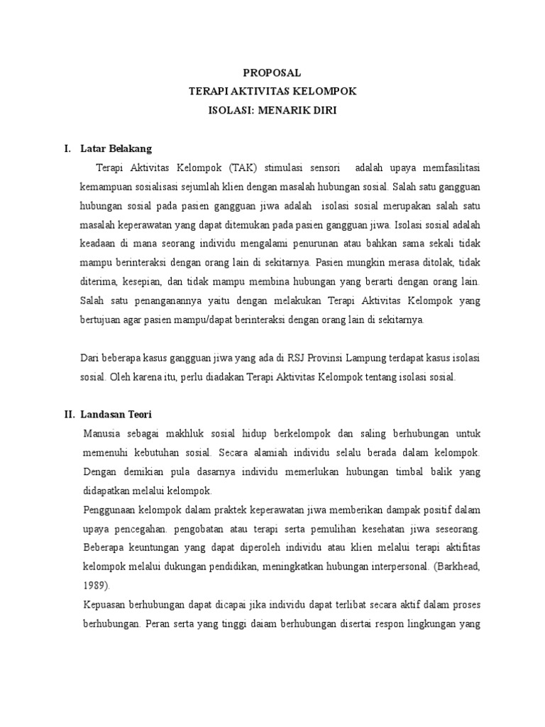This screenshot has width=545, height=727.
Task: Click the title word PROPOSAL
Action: pos(272,72)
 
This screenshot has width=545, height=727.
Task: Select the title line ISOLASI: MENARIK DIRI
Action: pos(272,111)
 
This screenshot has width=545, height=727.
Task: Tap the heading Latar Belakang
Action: pos(116,149)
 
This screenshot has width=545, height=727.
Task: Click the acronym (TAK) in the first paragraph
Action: pos(243,168)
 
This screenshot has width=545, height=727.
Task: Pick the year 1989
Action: pos(95,586)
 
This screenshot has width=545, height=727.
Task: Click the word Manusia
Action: pos(101,433)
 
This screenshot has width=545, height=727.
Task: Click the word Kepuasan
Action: pos(106,606)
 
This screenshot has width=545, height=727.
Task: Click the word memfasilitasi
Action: pos(447,168)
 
